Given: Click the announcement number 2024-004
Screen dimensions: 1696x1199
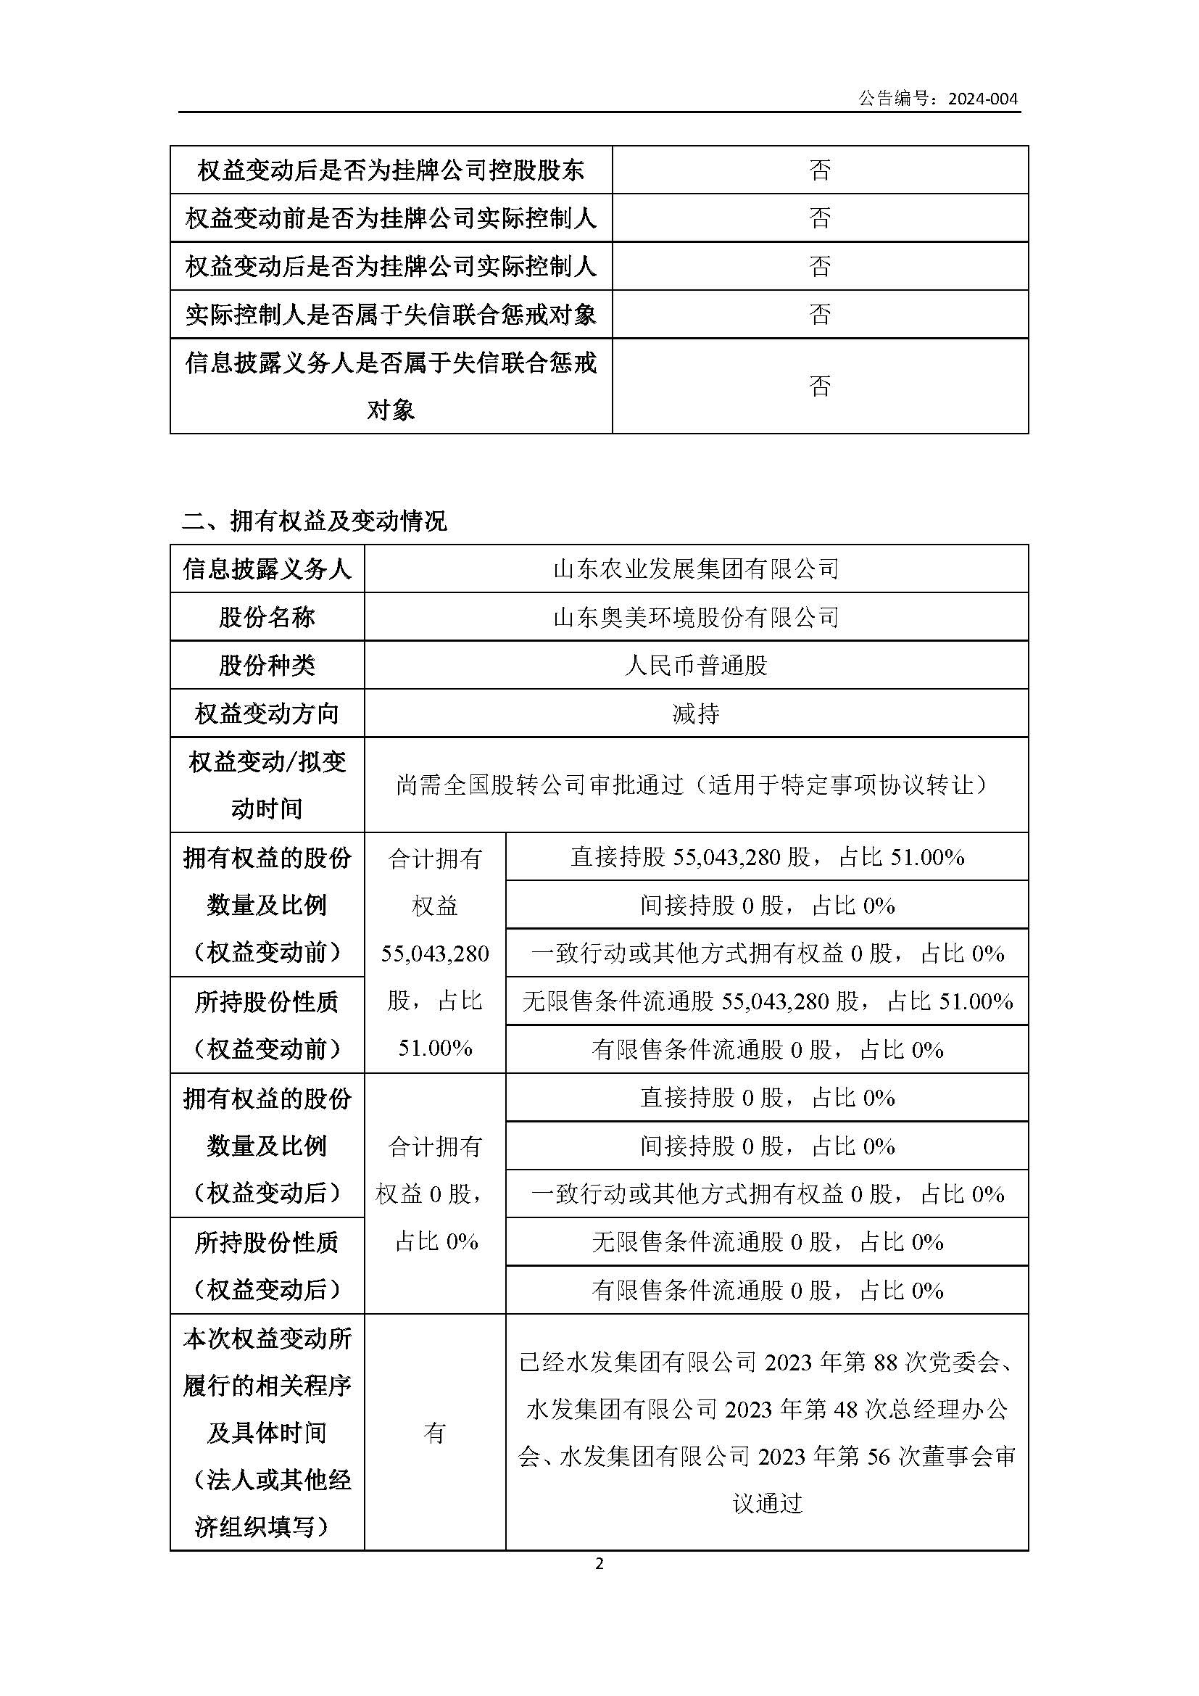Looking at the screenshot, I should point(983,98).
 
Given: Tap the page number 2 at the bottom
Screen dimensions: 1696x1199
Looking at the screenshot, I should point(599,1564).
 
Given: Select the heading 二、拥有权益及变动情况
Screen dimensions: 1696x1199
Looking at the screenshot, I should point(314,521).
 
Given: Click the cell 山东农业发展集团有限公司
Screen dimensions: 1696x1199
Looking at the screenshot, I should point(695,568).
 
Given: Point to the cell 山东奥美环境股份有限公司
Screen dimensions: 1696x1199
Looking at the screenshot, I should point(695,617).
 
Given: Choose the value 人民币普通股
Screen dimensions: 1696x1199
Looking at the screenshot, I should point(695,666).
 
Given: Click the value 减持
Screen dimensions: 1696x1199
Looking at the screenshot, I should point(695,713).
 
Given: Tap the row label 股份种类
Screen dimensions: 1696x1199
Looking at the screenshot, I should point(267,666).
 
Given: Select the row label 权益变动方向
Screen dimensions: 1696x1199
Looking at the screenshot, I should point(267,713).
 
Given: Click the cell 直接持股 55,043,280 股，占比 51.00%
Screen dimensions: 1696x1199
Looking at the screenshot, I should point(767,857).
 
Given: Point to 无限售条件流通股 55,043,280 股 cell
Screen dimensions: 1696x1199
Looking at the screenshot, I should point(767,1001).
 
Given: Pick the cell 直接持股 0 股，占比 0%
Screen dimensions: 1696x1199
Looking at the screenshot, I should point(767,1098).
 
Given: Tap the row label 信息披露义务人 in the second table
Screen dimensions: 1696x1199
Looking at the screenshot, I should point(267,568).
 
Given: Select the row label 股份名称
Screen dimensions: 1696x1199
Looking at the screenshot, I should point(267,617).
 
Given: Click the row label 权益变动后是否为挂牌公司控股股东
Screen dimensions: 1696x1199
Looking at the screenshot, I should point(391,170).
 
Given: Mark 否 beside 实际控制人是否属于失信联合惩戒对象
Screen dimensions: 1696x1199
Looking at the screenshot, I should point(820,315).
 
